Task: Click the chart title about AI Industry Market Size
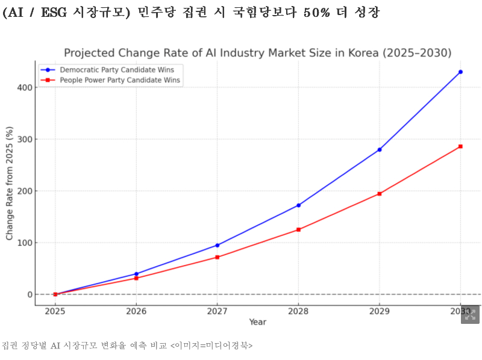[257, 53]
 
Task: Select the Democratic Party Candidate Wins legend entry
[108, 70]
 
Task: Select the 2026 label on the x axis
[136, 311]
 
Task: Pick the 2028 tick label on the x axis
[298, 311]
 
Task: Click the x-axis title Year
[257, 322]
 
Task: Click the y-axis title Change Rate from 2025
[10, 183]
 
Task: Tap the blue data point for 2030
[460, 72]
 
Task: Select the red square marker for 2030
[460, 146]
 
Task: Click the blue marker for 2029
[380, 149]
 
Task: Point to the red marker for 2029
[380, 194]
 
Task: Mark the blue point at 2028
[298, 205]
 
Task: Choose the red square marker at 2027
[218, 257]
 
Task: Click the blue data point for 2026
[136, 274]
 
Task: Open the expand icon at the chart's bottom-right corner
[470, 314]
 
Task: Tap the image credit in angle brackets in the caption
[211, 346]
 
